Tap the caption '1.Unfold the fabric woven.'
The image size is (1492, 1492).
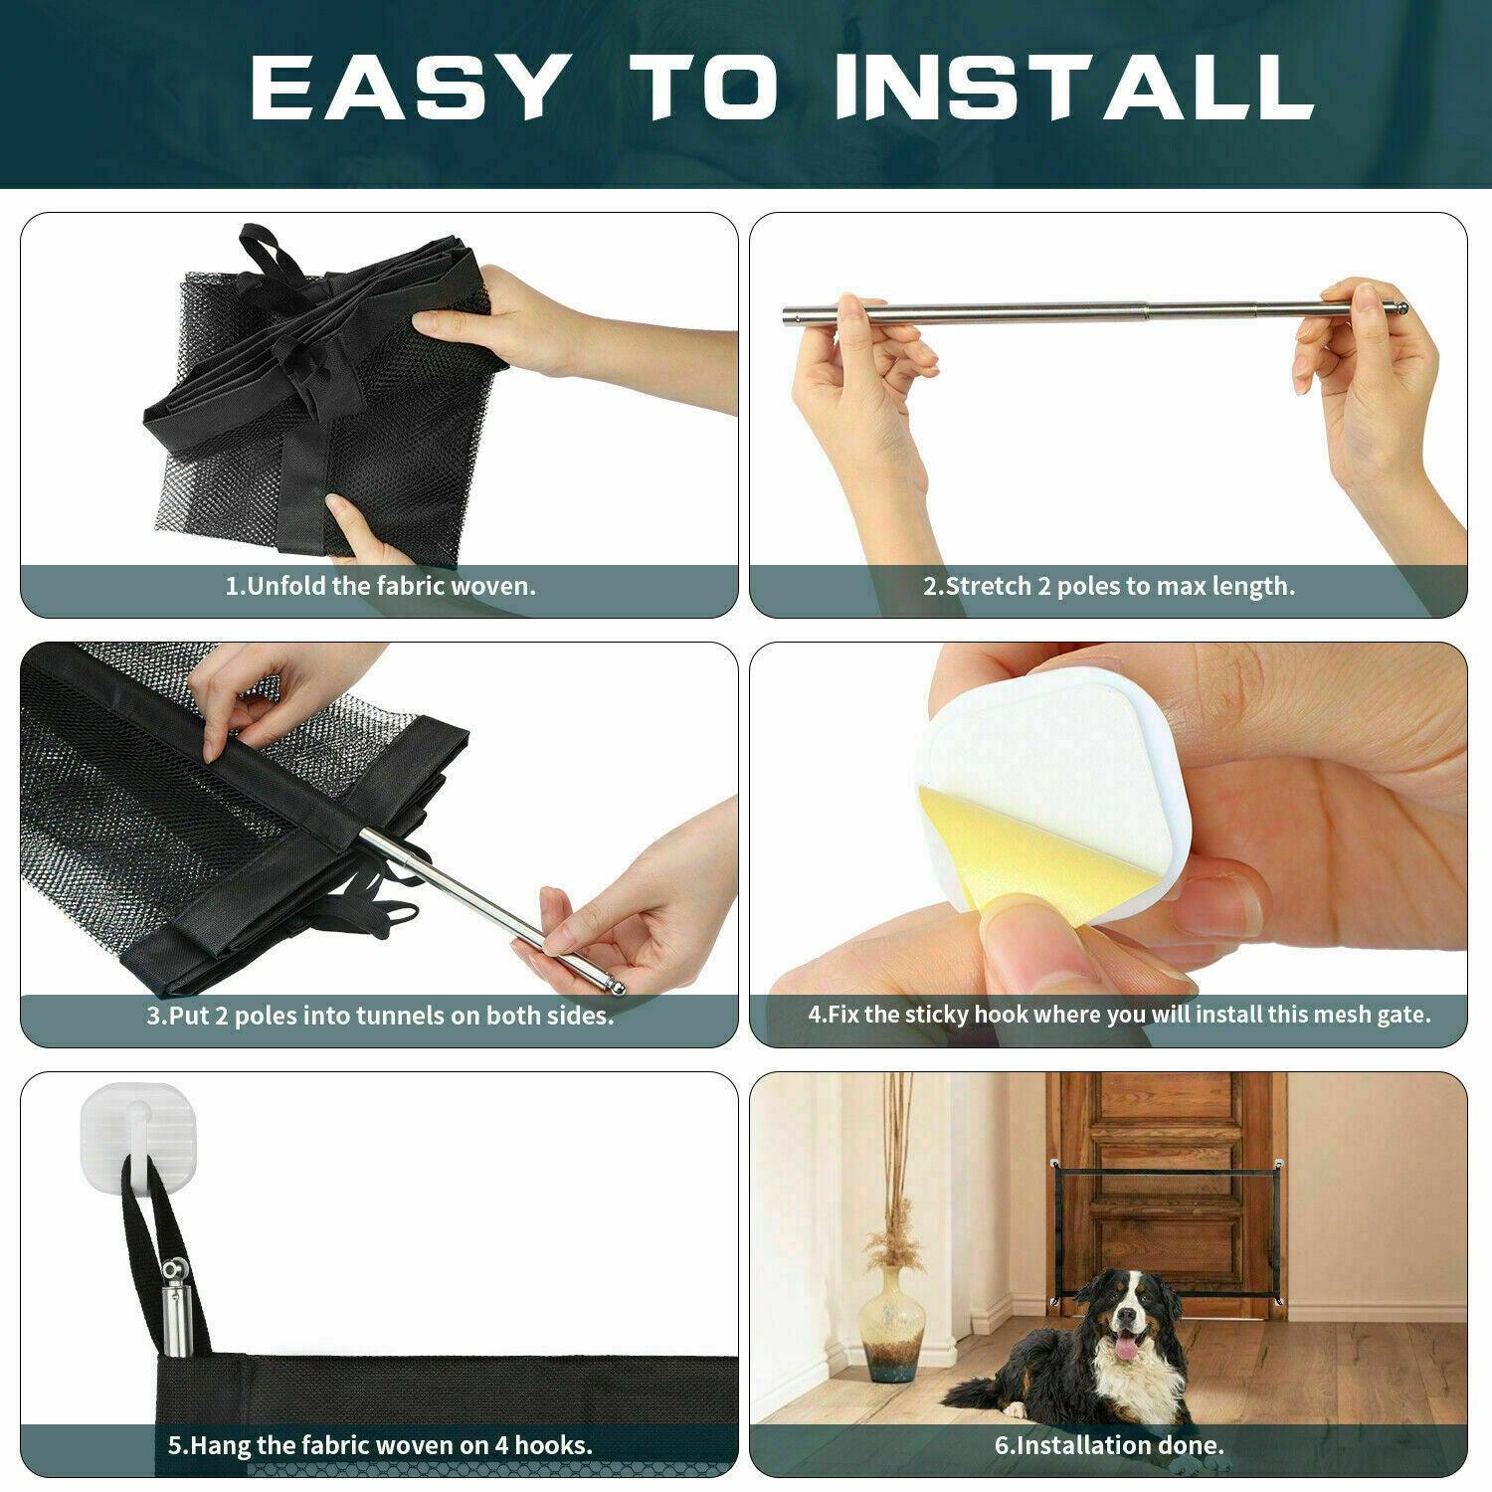click(380, 585)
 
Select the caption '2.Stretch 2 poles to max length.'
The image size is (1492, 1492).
click(1109, 586)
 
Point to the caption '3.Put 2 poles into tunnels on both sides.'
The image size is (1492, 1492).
click(380, 1016)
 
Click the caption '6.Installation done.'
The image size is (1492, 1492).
click(1109, 1444)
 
